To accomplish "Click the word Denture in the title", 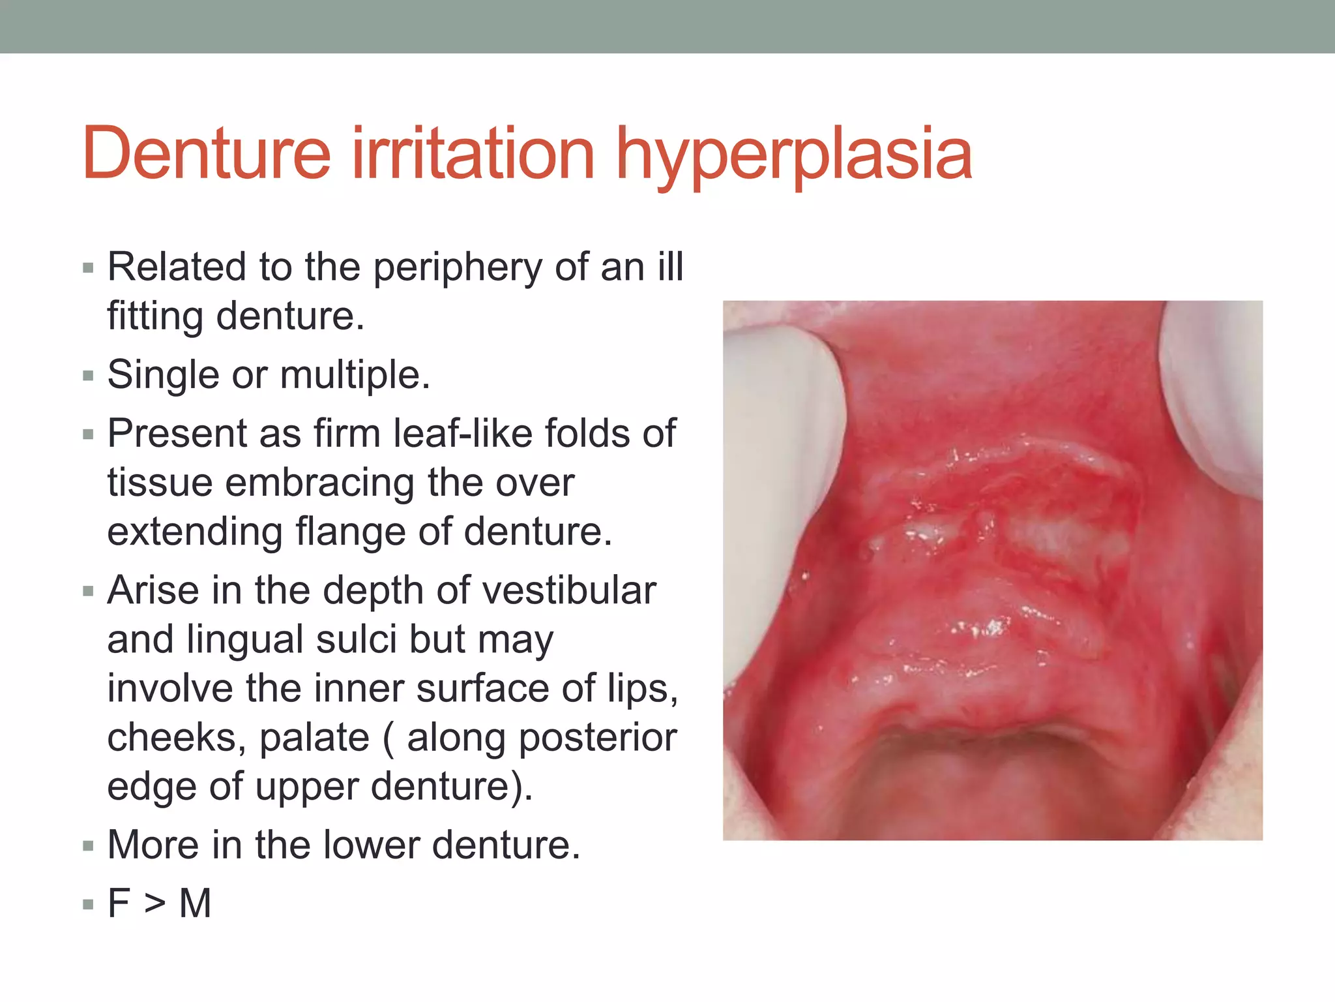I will pyautogui.click(x=207, y=154).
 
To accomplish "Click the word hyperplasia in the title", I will pyautogui.click(x=794, y=157).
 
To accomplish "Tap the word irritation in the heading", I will pyautogui.click(x=473, y=154).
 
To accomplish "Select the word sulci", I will pyautogui.click(x=356, y=639).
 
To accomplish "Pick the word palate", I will pyautogui.click(x=314, y=739).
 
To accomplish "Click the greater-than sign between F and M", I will pyautogui.click(x=154, y=904).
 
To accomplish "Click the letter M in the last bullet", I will pyautogui.click(x=195, y=904).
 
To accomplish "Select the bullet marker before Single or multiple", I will pyautogui.click(x=89, y=376).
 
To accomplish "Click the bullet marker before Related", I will pyautogui.click(x=89, y=268).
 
